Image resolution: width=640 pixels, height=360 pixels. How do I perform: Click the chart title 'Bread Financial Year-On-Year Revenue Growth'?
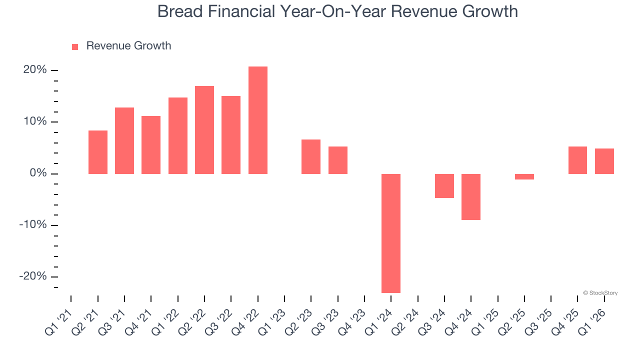click(x=337, y=11)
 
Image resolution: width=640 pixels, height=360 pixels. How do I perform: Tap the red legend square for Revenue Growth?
click(x=75, y=47)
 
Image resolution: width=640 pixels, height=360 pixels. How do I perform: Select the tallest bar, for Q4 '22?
click(x=258, y=120)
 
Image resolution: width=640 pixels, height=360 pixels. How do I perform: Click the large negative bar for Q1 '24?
click(x=391, y=233)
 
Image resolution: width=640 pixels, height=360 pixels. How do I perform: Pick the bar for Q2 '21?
click(x=98, y=152)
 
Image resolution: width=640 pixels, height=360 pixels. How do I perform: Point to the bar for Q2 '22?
click(x=204, y=130)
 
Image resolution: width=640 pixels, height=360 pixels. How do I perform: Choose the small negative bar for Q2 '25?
click(x=524, y=176)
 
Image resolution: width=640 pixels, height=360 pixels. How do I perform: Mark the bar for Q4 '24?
click(x=471, y=196)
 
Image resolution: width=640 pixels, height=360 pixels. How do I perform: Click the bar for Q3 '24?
click(x=444, y=185)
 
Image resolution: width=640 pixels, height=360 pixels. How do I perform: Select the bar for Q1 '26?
click(x=604, y=161)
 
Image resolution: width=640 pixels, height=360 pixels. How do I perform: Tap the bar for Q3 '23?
click(x=338, y=160)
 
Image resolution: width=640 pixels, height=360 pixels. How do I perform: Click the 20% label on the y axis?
click(x=35, y=70)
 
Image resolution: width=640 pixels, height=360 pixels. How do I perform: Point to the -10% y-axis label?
click(x=33, y=225)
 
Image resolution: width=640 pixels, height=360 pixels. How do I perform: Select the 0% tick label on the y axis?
click(x=38, y=173)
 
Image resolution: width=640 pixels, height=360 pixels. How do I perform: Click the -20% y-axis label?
click(x=33, y=276)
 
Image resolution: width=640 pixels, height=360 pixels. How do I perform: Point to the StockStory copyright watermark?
click(x=600, y=293)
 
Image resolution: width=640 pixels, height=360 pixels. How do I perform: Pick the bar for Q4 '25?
click(x=577, y=160)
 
